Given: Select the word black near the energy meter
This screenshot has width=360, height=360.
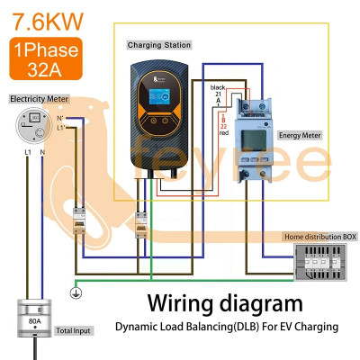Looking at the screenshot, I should pos(217,88).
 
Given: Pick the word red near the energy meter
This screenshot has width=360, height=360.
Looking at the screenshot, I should pos(217,132).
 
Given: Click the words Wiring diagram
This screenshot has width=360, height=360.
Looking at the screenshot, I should pos(225,302).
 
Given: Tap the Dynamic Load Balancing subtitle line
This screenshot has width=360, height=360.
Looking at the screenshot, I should pos(225,327).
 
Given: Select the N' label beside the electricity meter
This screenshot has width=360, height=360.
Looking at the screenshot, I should pos(60,117).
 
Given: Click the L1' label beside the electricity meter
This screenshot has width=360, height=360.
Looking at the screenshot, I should pos(61,129).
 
